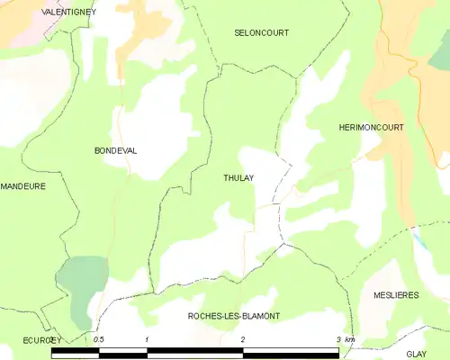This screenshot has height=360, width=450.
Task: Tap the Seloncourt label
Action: [261, 32]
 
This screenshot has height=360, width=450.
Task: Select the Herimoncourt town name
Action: [371, 129]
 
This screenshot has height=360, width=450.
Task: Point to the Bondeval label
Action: [115, 151]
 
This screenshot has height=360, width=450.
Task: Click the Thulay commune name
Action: [238, 178]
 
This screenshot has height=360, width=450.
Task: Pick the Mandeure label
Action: [22, 186]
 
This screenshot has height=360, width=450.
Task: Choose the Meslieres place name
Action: [395, 295]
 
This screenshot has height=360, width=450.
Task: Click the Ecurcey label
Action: [41, 340]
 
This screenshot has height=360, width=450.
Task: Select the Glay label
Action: [416, 355]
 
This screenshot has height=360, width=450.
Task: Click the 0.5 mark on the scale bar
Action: [99, 339]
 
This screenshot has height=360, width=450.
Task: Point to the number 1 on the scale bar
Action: [147, 339]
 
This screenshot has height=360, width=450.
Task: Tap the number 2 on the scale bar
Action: [242, 339]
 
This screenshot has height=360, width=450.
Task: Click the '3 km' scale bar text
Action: [346, 339]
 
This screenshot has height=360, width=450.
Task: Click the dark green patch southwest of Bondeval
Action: [81, 279]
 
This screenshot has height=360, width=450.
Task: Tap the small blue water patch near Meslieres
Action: [419, 238]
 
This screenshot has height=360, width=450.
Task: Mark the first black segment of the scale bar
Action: [75, 353]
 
